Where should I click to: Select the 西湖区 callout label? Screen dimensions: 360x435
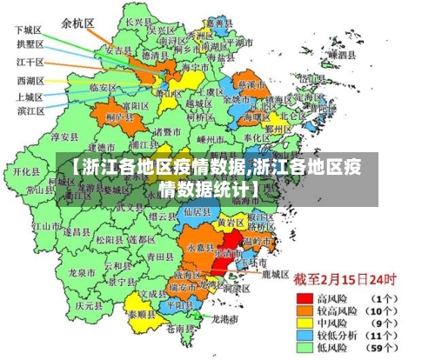click(30, 81)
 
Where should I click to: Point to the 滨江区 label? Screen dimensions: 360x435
click(31, 110)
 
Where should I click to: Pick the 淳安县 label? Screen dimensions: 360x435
click(65, 137)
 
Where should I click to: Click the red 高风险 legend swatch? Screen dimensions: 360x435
click(304, 297)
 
